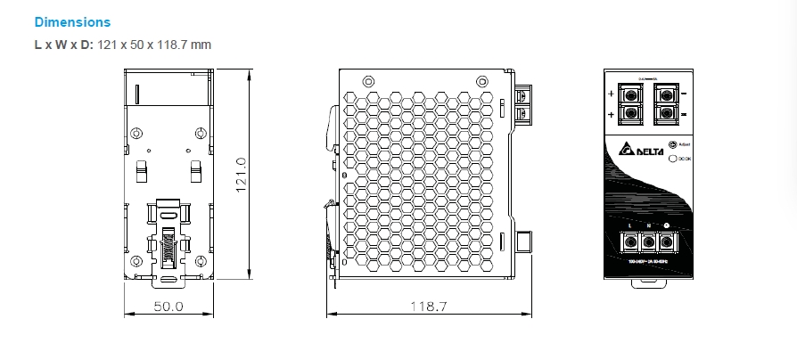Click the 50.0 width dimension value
click(168, 306)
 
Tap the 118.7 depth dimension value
click(428, 306)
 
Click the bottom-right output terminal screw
click(664, 113)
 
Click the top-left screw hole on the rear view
click(136, 134)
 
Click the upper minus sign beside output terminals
click(683, 93)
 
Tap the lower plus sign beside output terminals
click(610, 115)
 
